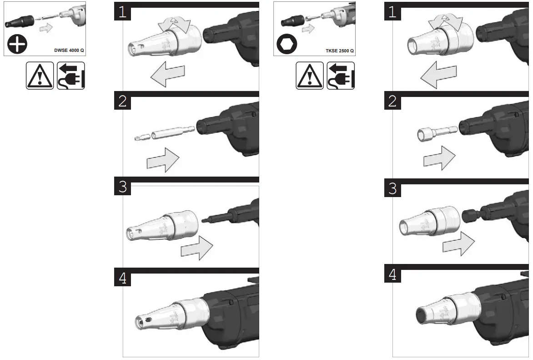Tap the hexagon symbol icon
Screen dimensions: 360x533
[x=287, y=44]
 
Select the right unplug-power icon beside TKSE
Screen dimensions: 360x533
[x=341, y=76]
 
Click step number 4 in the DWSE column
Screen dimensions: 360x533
[x=122, y=278]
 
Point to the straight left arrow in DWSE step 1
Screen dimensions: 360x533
[x=167, y=75]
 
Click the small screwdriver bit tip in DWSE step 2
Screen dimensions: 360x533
[x=141, y=137]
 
